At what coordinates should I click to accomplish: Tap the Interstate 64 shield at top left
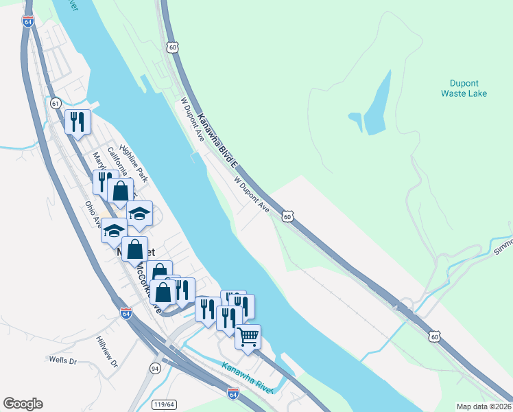point(28,22)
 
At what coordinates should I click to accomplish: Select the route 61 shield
point(55,103)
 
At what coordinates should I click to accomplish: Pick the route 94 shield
point(156,369)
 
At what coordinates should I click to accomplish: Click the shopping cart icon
point(248,336)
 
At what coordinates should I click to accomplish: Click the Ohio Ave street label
point(93,214)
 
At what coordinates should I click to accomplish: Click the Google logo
point(23,404)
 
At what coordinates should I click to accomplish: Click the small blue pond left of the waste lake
point(355,121)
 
